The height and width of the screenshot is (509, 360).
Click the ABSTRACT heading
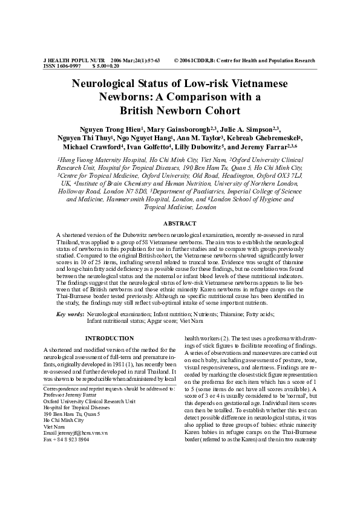click(x=180, y=224)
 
